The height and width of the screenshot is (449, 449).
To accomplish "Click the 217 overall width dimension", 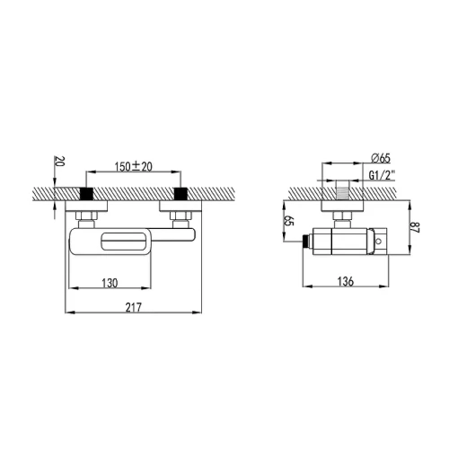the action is coord(133,307).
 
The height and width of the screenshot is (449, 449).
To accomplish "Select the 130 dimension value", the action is coord(110,283).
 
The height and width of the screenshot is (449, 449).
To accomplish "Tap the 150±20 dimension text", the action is coord(134,166).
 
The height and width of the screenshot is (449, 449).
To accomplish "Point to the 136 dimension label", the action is coord(346,281).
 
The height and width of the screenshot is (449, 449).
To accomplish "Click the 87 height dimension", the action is coord(416,227).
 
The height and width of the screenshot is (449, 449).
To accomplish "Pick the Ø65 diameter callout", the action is coord(381,158).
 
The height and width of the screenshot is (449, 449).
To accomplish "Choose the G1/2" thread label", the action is coord(382,175).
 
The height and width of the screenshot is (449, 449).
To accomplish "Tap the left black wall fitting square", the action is coord(87,194).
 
